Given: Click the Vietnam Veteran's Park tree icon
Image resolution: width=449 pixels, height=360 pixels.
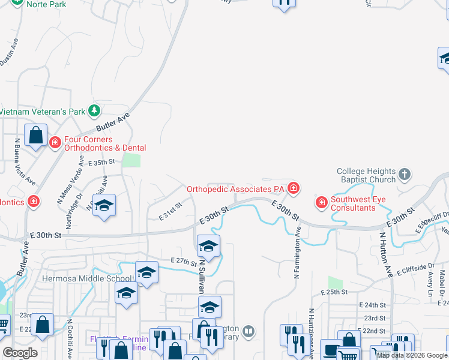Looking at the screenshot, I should coord(94,111).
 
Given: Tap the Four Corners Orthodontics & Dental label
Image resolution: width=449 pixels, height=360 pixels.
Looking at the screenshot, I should coord(105,143).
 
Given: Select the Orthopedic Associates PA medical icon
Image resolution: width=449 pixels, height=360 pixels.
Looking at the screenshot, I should coord(293,188).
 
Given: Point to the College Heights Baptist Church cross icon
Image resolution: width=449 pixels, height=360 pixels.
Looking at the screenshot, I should coord(405,175).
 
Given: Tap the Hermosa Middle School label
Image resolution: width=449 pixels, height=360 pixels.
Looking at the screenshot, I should coord(86,278).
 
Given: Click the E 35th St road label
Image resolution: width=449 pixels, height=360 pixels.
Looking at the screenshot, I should coord(101,163).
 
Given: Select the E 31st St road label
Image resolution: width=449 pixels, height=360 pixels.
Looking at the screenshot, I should coord(170,210).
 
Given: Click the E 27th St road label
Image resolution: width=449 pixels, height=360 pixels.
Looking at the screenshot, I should coord(184,260).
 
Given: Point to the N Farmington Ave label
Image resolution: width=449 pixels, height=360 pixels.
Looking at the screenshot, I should coord(297,253).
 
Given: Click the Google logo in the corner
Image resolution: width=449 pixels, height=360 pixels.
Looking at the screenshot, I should coord(20,353).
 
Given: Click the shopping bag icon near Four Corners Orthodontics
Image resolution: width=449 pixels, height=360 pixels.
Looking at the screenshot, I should coord(35,135).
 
